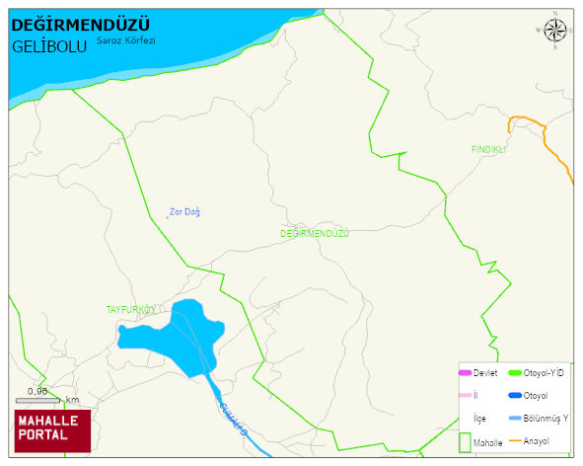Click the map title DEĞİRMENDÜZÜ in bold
[80, 25]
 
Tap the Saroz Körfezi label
[126, 41]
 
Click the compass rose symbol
[555, 32]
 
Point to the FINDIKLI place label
[488, 150]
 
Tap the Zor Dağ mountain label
[184, 211]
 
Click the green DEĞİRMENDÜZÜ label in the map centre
[315, 233]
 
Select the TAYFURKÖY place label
[131, 310]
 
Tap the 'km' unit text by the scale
[72, 400]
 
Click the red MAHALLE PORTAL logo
[52, 429]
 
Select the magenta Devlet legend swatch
[465, 373]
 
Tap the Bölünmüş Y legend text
[546, 418]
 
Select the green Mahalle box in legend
[465, 442]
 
